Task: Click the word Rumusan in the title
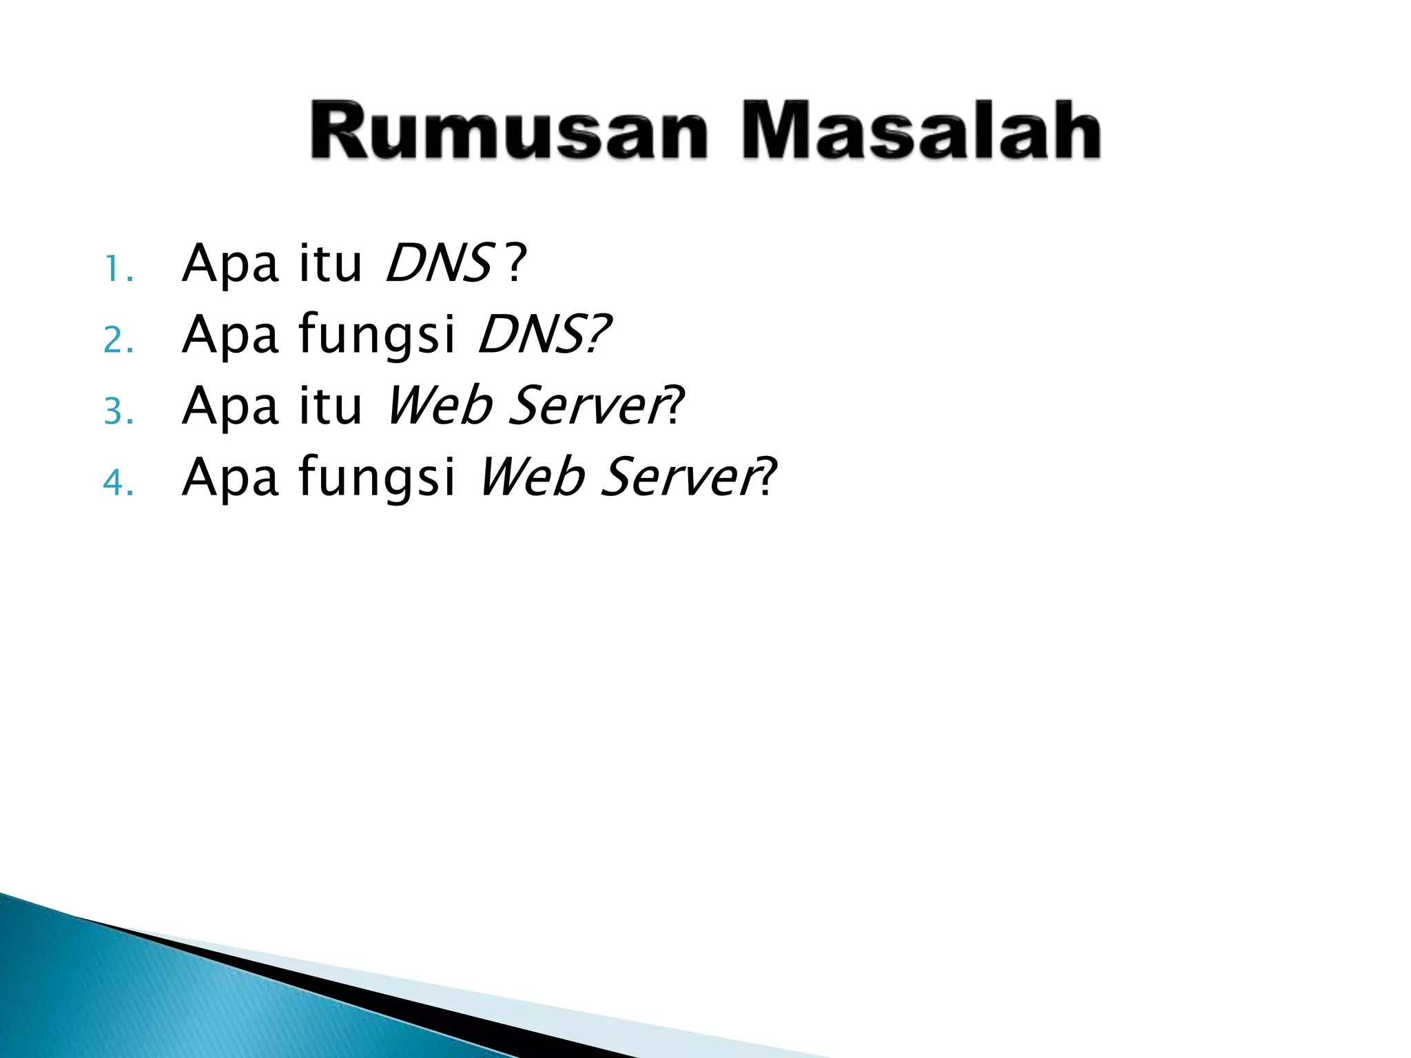coord(508,131)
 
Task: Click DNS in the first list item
coord(438,263)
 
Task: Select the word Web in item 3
coord(439,406)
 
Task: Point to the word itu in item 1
coord(329,263)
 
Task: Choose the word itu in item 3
coord(329,406)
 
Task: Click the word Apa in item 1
coord(230,264)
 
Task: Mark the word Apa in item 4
coord(230,478)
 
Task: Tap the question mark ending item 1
coord(515,263)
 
